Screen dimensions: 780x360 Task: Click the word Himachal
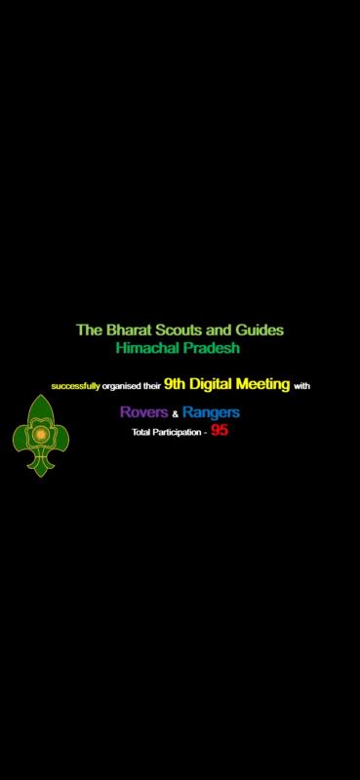pos(148,348)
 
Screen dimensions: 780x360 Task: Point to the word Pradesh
pos(215,348)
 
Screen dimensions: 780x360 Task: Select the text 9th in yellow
pos(175,384)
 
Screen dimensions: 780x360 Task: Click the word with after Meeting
pos(301,386)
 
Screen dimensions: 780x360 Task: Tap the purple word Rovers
pos(143,413)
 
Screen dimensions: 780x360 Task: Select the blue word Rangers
pos(210,413)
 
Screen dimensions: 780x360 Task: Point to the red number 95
pos(220,430)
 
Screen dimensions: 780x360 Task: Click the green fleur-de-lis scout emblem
pos(40,435)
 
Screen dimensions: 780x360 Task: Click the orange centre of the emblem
pos(40,431)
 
